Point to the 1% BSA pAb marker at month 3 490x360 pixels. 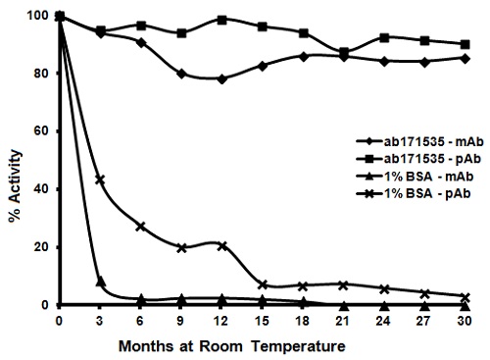[x=100, y=180]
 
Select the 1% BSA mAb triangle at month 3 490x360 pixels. [x=100, y=282]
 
